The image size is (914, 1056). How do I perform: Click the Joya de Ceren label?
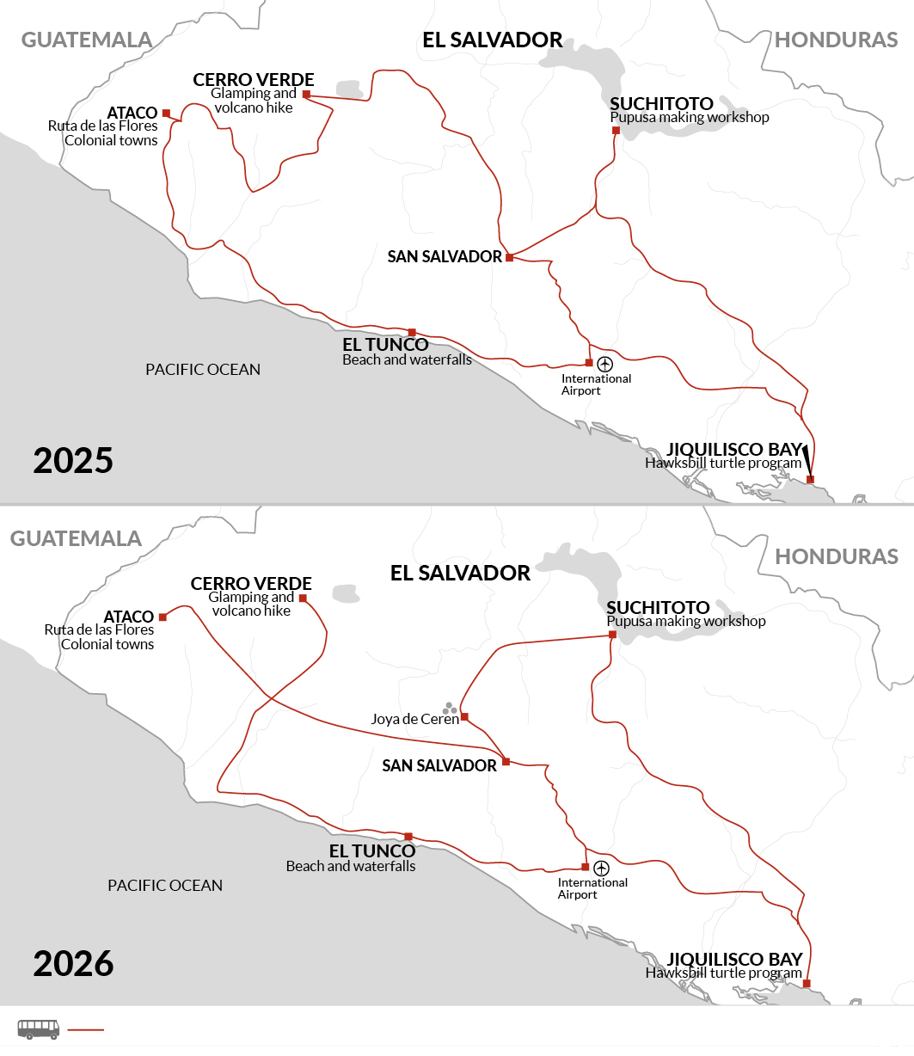point(414,719)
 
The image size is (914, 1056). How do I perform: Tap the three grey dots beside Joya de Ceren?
point(449,708)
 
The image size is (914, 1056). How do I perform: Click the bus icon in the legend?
point(39,1028)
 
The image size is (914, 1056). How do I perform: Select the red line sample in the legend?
point(85,1029)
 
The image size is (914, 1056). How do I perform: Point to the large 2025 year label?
point(73,461)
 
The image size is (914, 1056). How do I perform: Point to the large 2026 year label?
point(73,964)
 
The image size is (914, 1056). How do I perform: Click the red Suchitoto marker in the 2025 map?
point(616,131)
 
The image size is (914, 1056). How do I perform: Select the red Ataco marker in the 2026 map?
point(163,617)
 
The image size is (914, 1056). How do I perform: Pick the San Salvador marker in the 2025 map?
point(509,257)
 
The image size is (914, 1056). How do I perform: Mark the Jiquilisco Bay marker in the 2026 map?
point(807,983)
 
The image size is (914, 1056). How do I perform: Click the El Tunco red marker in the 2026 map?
point(408,837)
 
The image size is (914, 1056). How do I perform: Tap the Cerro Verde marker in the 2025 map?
point(306,95)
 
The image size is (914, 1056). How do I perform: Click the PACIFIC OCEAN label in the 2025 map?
point(202,370)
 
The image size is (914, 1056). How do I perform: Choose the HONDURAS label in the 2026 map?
point(836,556)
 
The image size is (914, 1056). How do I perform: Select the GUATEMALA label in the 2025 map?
point(86,40)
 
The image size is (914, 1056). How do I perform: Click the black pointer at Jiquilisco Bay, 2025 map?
point(806,460)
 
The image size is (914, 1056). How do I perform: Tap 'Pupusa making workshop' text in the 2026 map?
point(685,621)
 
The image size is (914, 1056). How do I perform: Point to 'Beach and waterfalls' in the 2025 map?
point(407,359)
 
